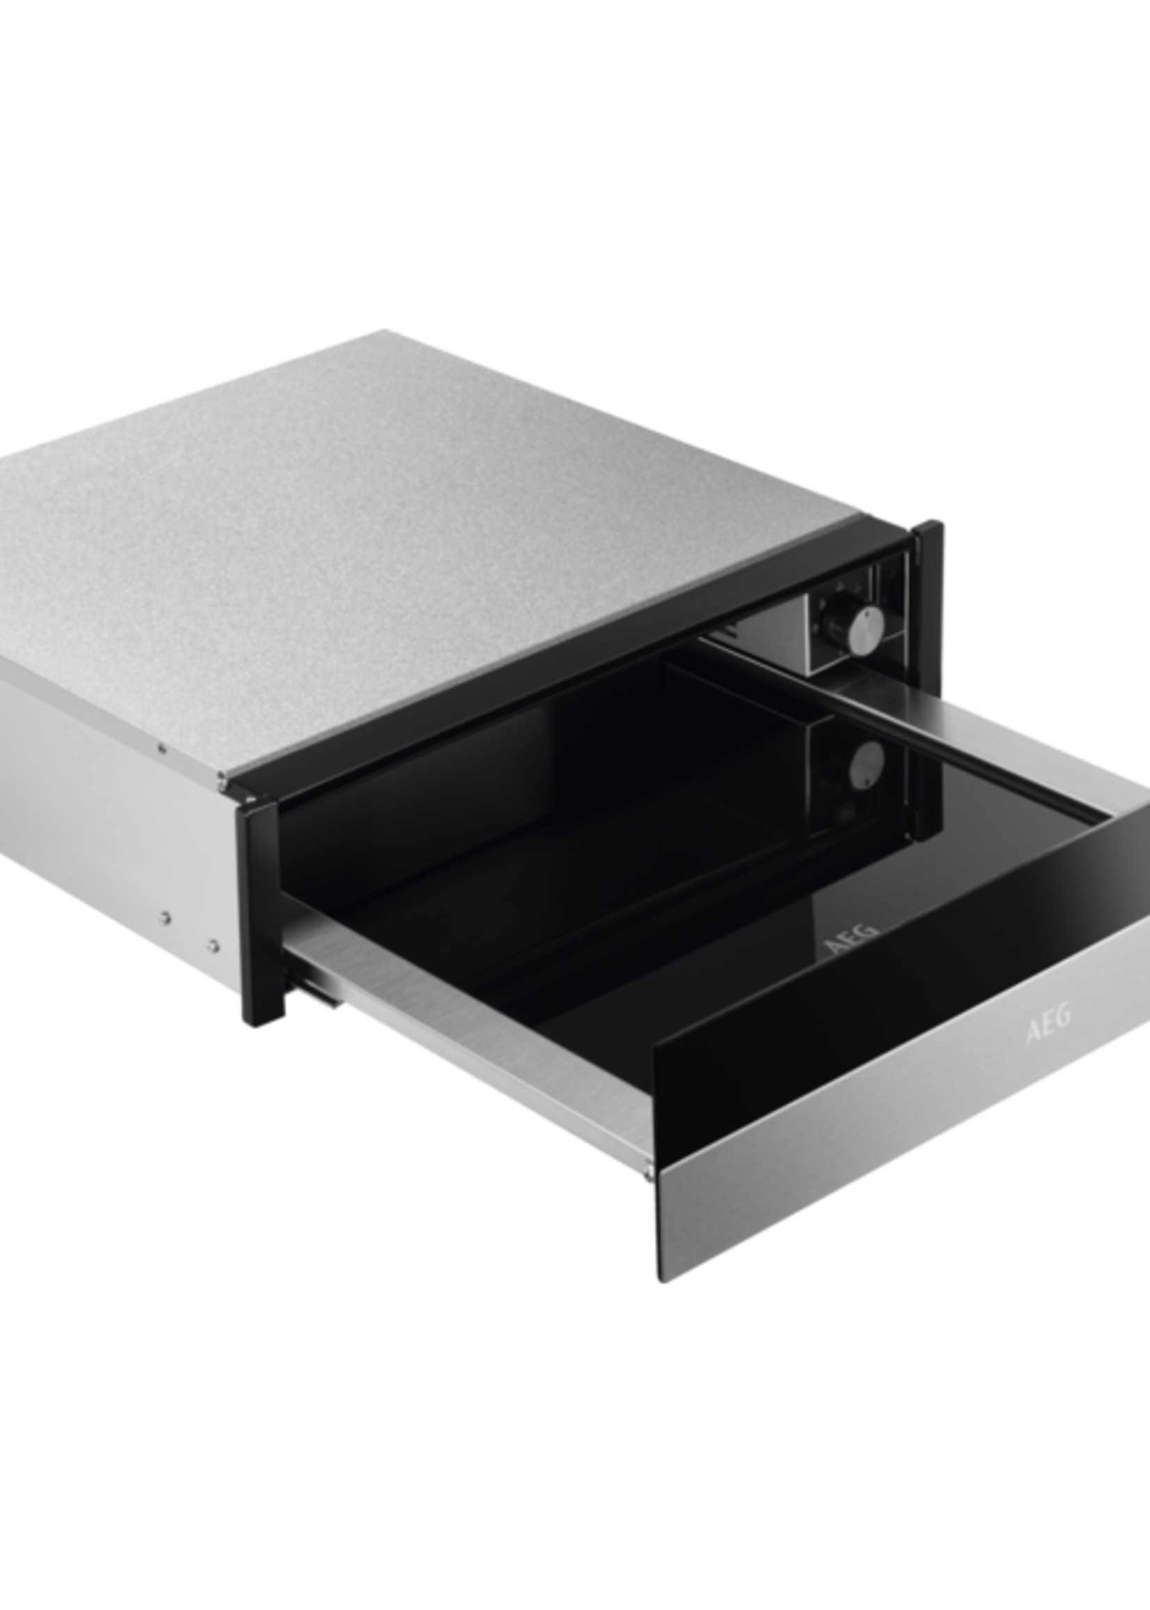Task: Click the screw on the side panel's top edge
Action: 163,745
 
